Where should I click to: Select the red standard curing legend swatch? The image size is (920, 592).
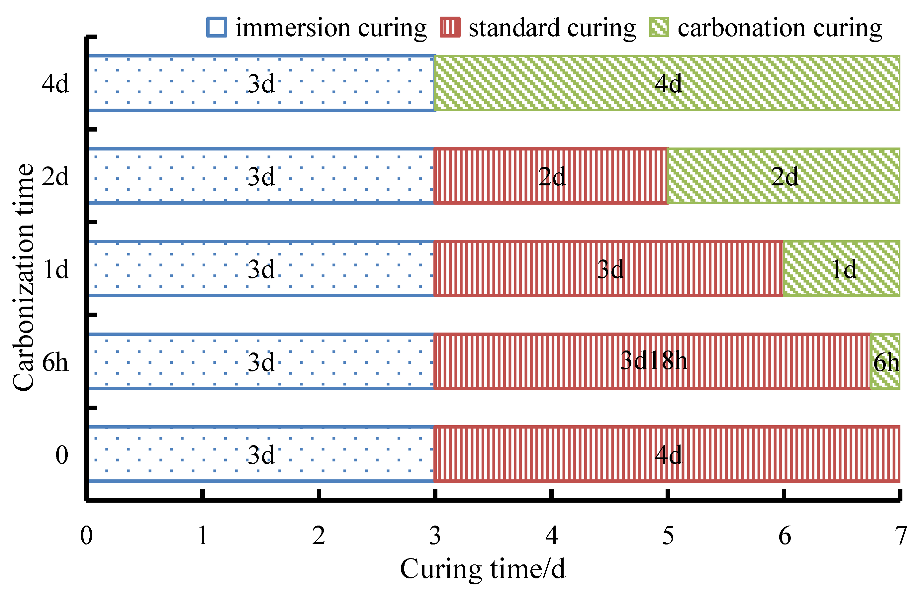(x=450, y=27)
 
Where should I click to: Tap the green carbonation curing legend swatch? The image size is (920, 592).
(x=659, y=27)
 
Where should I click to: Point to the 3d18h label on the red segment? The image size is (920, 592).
(x=654, y=361)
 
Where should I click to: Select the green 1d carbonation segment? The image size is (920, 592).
(x=842, y=269)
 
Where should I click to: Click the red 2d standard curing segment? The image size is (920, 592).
(x=551, y=176)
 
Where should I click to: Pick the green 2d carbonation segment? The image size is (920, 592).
(x=784, y=176)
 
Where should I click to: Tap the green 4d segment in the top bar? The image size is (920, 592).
(x=668, y=83)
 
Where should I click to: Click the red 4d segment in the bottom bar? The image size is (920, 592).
(x=668, y=454)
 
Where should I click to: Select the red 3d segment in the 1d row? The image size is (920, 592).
(x=609, y=269)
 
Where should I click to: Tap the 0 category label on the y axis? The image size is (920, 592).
(x=61, y=455)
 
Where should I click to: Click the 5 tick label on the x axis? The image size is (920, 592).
(x=668, y=536)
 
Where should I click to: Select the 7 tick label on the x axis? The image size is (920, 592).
(x=900, y=536)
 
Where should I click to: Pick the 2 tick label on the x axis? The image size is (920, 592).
(x=319, y=536)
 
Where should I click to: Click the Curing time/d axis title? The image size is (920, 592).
(x=482, y=569)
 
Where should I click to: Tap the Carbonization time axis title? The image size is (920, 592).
(x=23, y=277)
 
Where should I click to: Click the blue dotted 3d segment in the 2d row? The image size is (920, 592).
(x=261, y=176)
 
